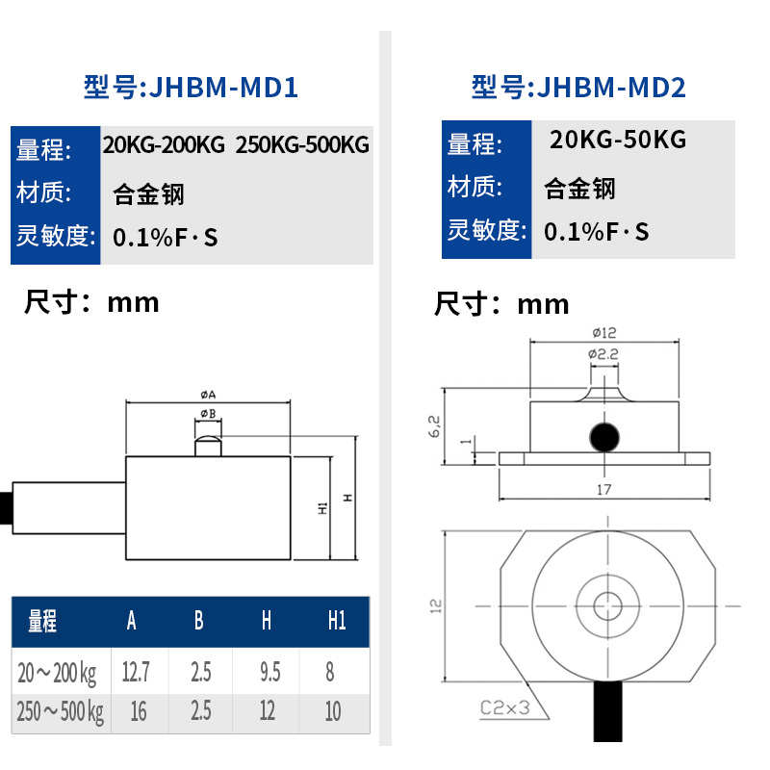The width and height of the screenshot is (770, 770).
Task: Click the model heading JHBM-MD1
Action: tap(191, 89)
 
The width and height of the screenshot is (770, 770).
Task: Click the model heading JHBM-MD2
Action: tap(578, 89)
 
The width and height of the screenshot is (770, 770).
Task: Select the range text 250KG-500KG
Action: tap(302, 145)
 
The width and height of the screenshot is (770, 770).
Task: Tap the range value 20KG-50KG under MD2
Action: tap(618, 140)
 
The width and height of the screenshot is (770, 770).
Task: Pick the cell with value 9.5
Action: tap(267, 671)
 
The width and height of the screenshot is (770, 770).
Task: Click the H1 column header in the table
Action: tap(336, 621)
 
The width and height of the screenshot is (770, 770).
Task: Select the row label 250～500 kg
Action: tap(60, 711)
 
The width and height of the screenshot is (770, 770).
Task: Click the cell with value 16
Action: tap(137, 711)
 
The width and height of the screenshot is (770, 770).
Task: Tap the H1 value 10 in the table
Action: tap(333, 711)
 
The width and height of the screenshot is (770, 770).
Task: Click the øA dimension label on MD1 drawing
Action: tap(208, 395)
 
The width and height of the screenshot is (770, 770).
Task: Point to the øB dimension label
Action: tap(207, 413)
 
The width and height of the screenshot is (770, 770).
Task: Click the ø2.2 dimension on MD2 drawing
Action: tap(603, 354)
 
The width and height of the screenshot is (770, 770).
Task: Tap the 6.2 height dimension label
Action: tap(434, 427)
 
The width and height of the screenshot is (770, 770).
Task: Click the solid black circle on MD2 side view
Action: tap(604, 437)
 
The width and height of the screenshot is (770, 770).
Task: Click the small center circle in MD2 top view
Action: tap(606, 605)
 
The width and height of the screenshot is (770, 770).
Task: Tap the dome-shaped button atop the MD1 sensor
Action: tap(208, 446)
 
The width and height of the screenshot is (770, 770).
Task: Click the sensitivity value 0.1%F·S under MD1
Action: tap(166, 237)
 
